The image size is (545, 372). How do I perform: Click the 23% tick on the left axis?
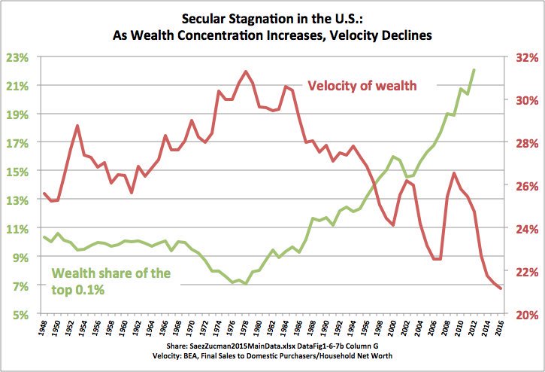pyautogui.click(x=18, y=57)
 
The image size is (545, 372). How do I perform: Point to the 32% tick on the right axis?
pyautogui.click(x=523, y=57)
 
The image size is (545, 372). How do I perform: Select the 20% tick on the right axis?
pyautogui.click(x=523, y=314)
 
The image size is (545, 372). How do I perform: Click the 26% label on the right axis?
pyautogui.click(x=523, y=186)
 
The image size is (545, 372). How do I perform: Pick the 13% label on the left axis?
pyautogui.click(x=18, y=200)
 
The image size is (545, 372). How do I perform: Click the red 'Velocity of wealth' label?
pyautogui.click(x=362, y=85)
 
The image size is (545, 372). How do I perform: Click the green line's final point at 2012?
pyautogui.click(x=474, y=70)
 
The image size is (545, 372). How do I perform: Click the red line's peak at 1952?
pyautogui.click(x=77, y=125)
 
